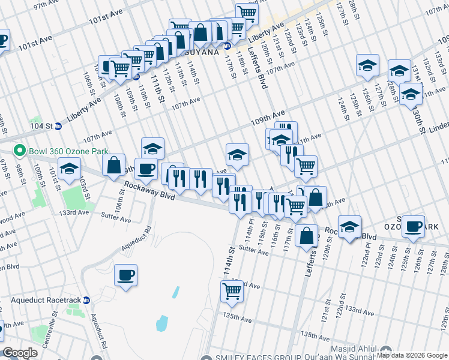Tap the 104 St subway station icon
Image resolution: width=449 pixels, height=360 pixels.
tap(58, 126)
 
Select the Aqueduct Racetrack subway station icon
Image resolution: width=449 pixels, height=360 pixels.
tap(86, 299)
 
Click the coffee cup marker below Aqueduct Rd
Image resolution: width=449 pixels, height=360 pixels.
tap(126, 276)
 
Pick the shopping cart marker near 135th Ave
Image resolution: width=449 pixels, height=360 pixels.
tap(232, 292)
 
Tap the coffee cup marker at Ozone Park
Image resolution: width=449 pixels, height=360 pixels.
tap(414, 227)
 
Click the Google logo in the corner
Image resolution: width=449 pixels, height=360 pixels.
tap(20, 353)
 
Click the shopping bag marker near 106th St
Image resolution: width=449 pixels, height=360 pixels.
tap(114, 165)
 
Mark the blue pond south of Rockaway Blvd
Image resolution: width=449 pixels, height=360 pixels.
tap(162, 323)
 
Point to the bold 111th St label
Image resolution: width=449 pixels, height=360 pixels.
tap(157, 87)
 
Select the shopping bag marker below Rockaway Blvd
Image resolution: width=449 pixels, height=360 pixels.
tap(307, 236)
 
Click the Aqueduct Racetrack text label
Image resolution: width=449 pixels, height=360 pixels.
tap(41, 299)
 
